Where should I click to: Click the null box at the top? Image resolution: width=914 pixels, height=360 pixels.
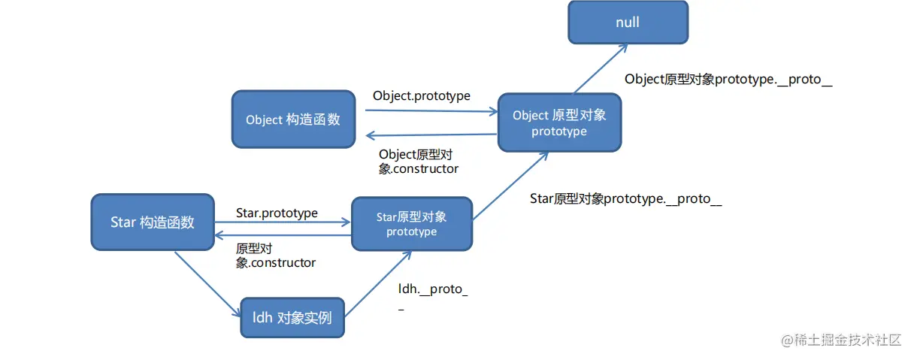click(628, 22)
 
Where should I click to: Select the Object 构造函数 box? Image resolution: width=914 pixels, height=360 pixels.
click(292, 119)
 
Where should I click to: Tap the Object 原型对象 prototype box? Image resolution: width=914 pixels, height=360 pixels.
click(559, 123)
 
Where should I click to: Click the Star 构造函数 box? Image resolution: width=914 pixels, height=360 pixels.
click(152, 222)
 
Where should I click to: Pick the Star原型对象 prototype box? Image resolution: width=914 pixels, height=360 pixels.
click(412, 224)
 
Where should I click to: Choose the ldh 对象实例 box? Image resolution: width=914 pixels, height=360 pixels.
click(292, 318)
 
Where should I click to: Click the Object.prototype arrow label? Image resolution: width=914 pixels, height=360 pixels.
click(421, 96)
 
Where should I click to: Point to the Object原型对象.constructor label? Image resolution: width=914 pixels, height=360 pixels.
click(418, 162)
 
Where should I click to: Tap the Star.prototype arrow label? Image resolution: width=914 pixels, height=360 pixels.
click(277, 213)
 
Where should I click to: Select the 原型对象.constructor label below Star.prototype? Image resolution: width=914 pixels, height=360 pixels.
click(275, 256)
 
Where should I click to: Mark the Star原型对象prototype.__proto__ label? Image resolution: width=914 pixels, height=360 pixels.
click(625, 199)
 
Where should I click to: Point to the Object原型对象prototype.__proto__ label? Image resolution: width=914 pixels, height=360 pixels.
click(728, 79)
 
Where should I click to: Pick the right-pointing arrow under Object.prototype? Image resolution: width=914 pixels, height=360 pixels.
click(431, 111)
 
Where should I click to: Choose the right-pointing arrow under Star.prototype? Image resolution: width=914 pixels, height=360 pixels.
click(283, 222)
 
